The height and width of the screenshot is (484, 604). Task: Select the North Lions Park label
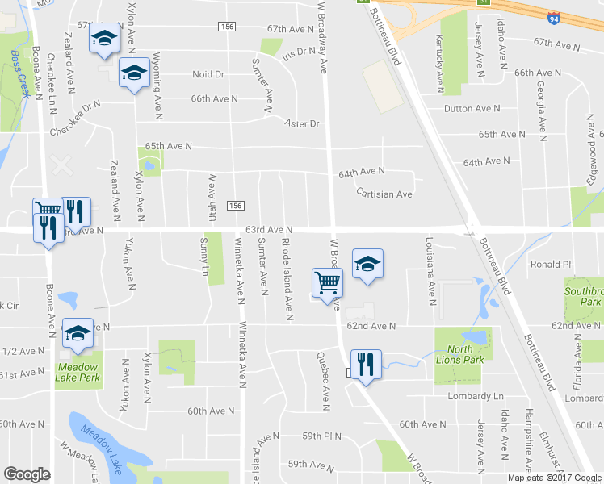point(459,354)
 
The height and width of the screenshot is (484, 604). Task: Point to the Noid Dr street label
point(208,74)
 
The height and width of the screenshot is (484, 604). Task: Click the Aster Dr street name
point(303,123)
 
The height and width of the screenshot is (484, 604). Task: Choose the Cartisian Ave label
point(384,194)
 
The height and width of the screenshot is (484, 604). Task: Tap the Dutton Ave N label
point(472,108)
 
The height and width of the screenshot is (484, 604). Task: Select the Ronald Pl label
point(550,264)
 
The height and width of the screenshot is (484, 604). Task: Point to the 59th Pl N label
point(321,436)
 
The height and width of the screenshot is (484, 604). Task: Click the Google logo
point(27,474)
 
